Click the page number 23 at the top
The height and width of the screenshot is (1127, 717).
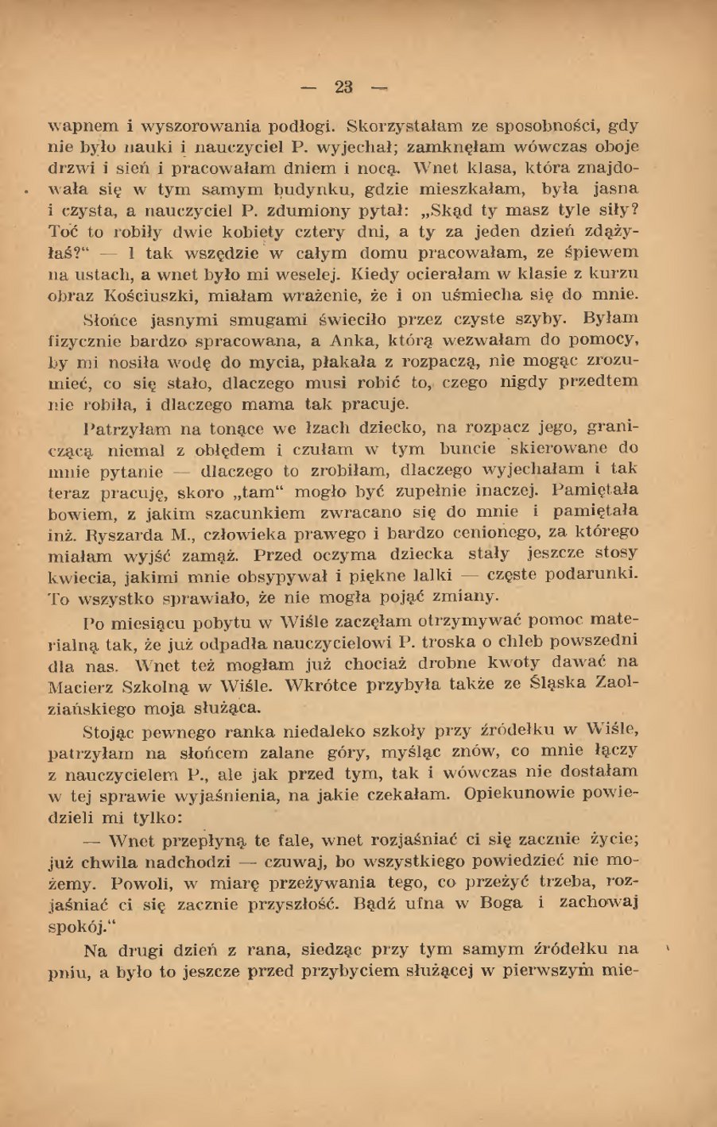[x=344, y=87]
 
